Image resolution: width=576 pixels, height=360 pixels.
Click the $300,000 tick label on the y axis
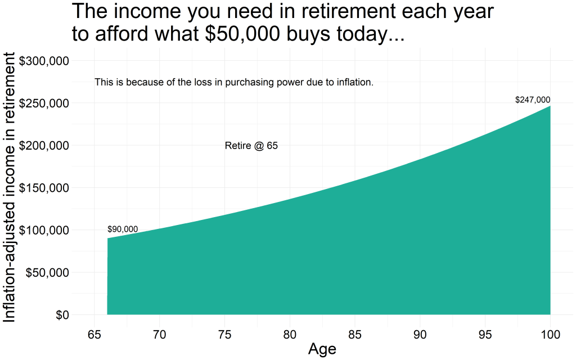(x=44, y=61)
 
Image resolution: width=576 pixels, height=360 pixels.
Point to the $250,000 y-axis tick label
(x=44, y=103)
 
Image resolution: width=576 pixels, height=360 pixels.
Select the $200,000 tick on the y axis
(x=44, y=146)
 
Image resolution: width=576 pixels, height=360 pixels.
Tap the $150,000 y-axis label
(x=44, y=188)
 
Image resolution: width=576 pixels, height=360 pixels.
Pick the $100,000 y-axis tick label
(x=44, y=230)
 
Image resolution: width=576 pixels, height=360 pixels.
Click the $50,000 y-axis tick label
(x=47, y=273)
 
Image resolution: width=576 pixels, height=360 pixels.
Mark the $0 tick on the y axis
(x=62, y=315)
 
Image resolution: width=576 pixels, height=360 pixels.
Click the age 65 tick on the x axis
(x=94, y=335)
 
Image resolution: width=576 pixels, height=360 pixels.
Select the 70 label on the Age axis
(x=159, y=335)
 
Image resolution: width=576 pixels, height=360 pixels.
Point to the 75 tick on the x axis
(x=225, y=335)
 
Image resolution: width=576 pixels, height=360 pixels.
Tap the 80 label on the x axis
(x=290, y=335)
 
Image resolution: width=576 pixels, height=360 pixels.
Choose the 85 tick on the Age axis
(x=355, y=335)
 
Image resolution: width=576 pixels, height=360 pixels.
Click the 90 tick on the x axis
(x=420, y=335)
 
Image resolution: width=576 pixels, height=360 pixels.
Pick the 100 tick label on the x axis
(x=550, y=335)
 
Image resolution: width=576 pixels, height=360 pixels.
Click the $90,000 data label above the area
(x=123, y=229)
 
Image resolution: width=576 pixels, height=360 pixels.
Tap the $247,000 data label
(x=533, y=100)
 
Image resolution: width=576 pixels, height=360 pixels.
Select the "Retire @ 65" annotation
(x=251, y=146)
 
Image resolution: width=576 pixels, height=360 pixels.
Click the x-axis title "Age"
(x=322, y=349)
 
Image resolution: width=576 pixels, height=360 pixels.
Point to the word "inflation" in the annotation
(x=355, y=82)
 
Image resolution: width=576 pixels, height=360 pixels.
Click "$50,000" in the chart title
(x=242, y=33)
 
